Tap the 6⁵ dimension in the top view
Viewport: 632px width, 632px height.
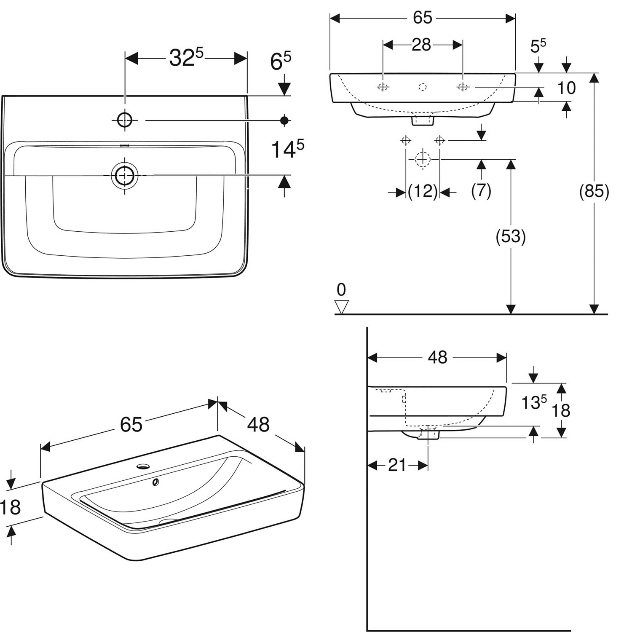point(281,62)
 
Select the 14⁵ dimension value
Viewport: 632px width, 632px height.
point(287,149)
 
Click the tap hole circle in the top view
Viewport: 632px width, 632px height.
point(125,120)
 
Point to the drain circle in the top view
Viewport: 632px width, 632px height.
point(125,175)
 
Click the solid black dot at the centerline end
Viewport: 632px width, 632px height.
point(285,121)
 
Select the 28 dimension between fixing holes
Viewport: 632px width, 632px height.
point(421,45)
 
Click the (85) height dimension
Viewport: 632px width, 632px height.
point(594,191)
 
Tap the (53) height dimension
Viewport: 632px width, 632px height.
point(511,236)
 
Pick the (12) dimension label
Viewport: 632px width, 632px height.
point(423,192)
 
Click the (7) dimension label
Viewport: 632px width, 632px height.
point(481,191)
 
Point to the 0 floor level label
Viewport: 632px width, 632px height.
point(341,290)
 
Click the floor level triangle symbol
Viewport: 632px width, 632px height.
point(341,307)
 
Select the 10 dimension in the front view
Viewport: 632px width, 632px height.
point(566,88)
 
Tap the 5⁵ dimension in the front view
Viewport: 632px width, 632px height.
point(538,46)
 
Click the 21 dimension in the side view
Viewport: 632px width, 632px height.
point(397,465)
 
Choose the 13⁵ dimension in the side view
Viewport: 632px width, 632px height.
point(534,402)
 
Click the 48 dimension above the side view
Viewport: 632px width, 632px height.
point(437,358)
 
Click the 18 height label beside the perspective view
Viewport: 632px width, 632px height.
point(10,507)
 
